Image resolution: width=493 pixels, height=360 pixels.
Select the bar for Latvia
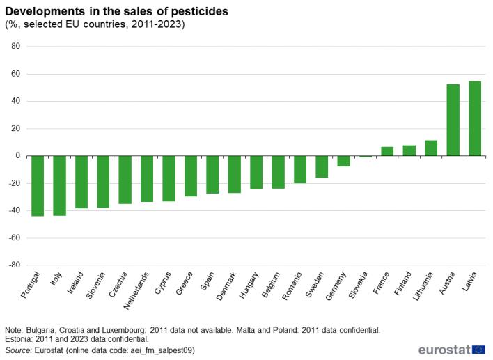[475, 118]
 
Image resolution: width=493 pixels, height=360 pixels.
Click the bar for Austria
[453, 120]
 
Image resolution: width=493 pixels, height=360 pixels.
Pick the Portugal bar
[38, 186]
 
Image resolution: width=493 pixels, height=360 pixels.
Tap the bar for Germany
[344, 161]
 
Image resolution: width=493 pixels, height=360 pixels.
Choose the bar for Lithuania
[431, 148]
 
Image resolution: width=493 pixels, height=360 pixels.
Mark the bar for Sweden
[322, 167]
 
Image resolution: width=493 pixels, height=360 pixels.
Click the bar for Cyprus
[169, 178]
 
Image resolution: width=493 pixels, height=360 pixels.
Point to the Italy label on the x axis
[55, 282]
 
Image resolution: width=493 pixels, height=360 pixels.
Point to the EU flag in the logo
[478, 350]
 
